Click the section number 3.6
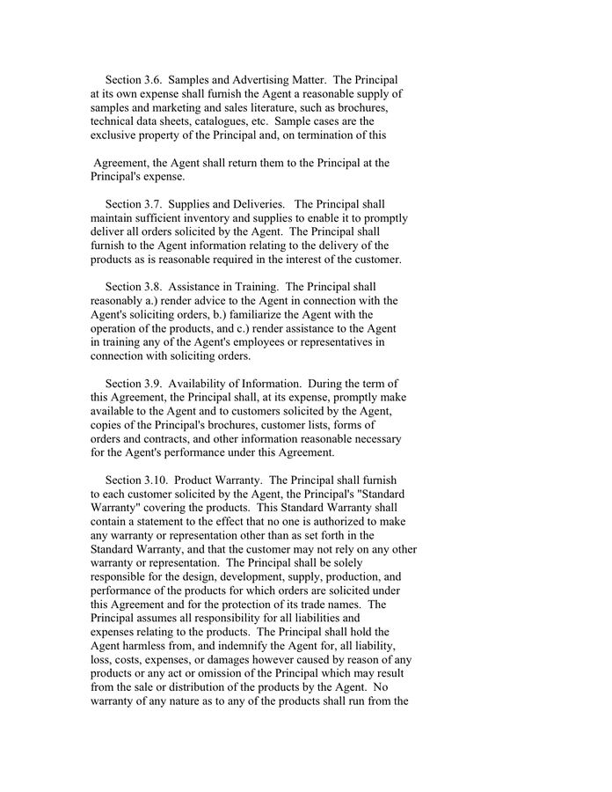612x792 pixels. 154,80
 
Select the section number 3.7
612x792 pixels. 154,204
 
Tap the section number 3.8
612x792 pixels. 154,287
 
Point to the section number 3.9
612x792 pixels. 154,384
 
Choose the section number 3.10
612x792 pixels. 157,480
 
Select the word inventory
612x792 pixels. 217,218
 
